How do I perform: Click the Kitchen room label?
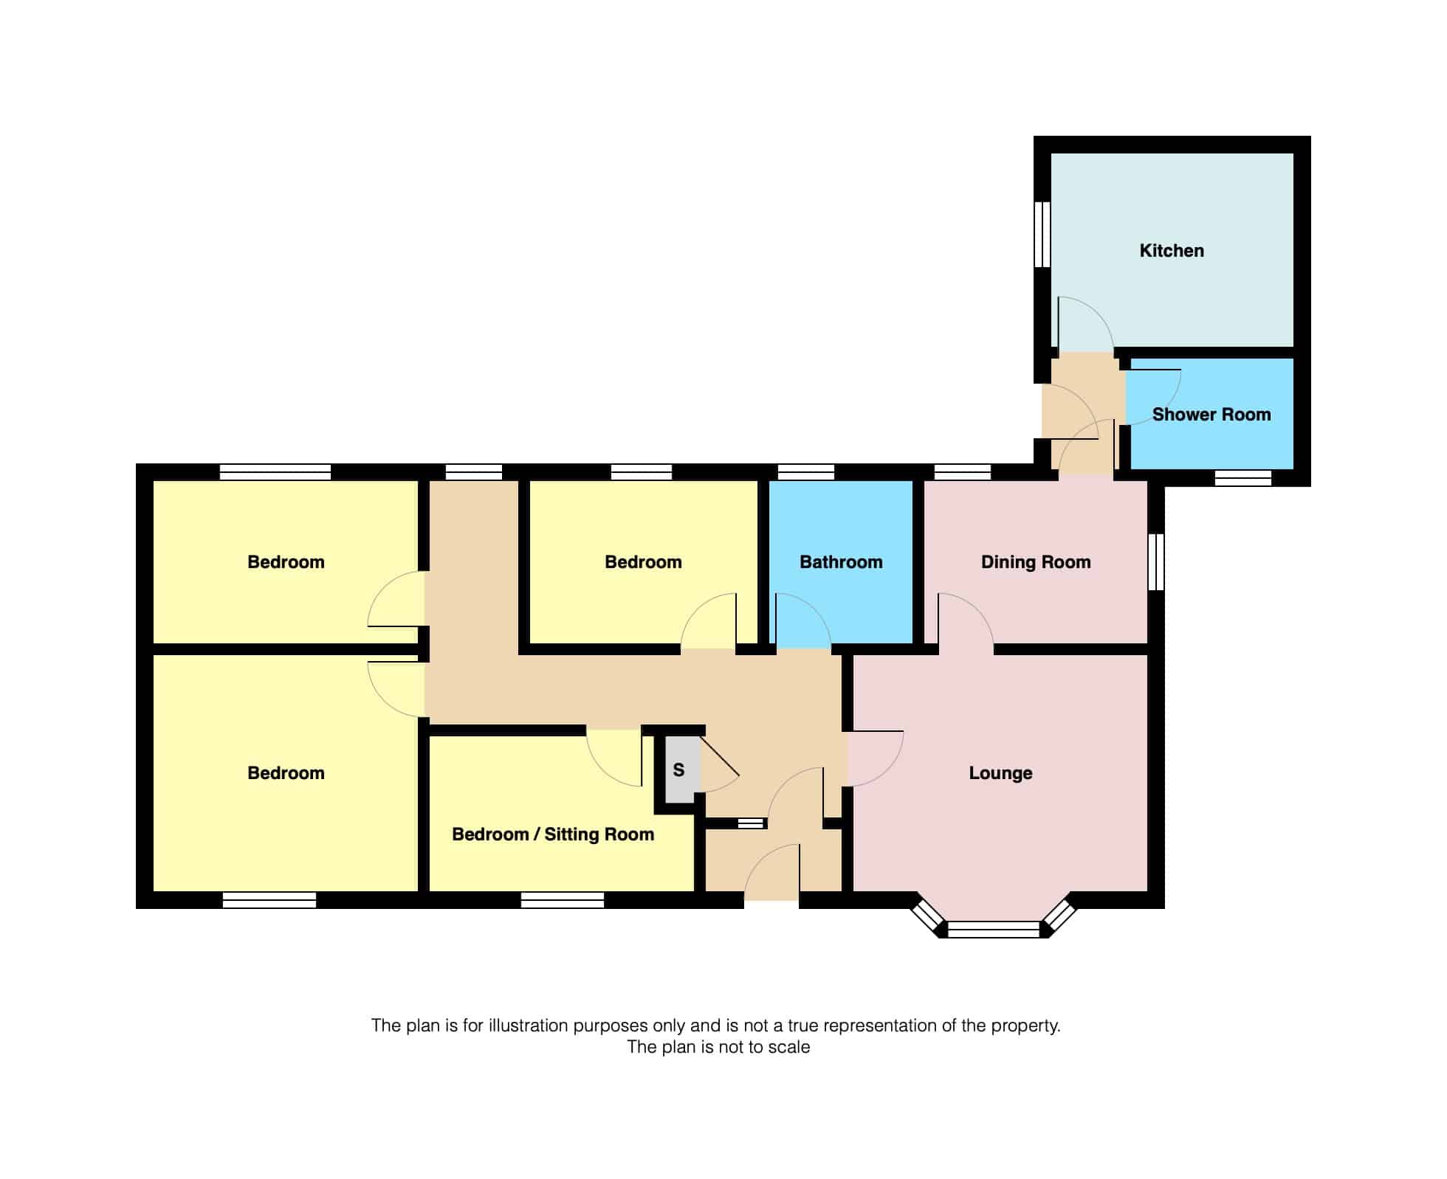(1172, 251)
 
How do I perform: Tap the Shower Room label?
(1211, 415)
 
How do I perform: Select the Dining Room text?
(1036, 562)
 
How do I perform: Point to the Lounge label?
(1000, 773)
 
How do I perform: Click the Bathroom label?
(841, 562)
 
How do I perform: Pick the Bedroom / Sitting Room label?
(553, 834)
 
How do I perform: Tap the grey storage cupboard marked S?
(679, 770)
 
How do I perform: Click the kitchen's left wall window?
(1042, 234)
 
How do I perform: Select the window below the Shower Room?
(1243, 478)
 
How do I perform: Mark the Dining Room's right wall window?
(1156, 562)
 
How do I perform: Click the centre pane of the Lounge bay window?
(994, 930)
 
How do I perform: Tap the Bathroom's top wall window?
(806, 472)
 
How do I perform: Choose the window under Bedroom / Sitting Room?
(563, 900)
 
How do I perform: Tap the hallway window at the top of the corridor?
(474, 472)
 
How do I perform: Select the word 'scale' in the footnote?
(789, 1048)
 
